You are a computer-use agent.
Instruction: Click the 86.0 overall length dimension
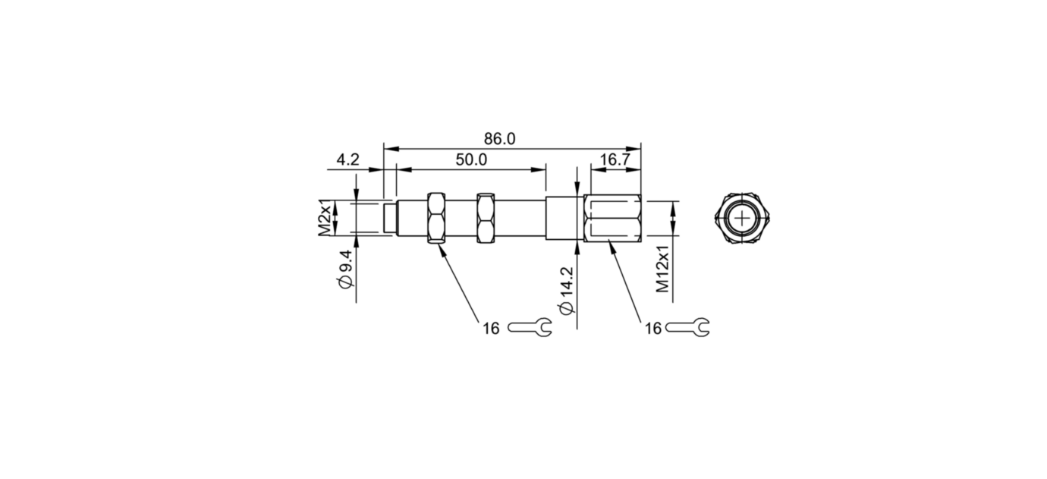(499, 139)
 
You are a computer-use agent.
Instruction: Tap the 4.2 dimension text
(347, 159)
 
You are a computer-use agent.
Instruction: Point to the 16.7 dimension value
(615, 159)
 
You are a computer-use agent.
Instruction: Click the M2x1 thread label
(325, 219)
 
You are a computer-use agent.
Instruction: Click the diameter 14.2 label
(565, 292)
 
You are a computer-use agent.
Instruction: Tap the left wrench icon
(530, 327)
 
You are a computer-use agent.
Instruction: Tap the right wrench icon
(687, 327)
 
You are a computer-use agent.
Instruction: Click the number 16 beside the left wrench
(491, 328)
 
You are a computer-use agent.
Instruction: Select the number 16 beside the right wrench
(652, 328)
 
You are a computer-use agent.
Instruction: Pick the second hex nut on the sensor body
(485, 218)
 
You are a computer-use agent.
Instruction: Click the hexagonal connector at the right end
(613, 218)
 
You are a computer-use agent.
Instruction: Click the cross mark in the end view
(742, 219)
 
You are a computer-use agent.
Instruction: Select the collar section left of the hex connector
(564, 219)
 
